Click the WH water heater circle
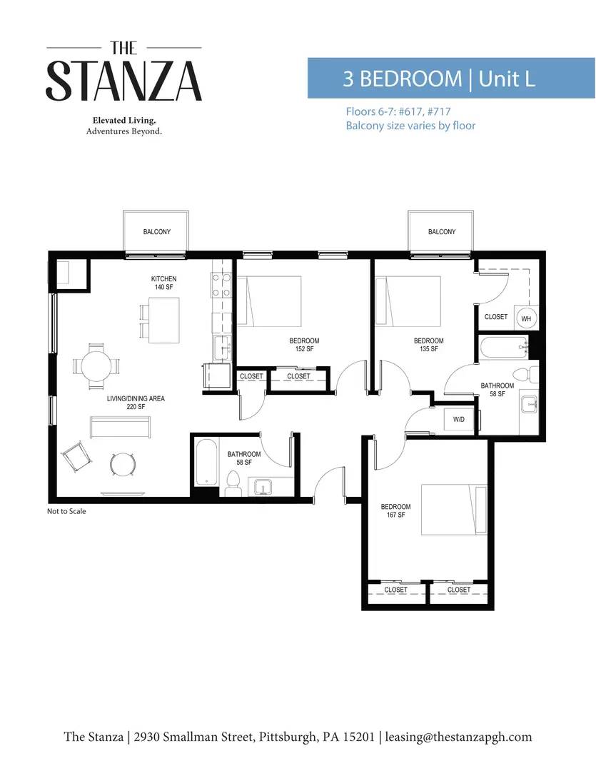click(x=526, y=318)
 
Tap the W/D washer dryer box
click(x=459, y=420)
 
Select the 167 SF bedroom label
click(x=396, y=510)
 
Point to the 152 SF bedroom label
click(x=304, y=345)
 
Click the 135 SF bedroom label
click(x=429, y=345)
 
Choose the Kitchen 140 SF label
click(x=163, y=283)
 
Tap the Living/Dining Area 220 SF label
click(x=136, y=402)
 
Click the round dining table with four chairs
click(x=97, y=366)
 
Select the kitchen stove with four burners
click(x=221, y=286)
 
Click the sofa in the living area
click(x=120, y=427)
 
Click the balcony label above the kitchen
click(x=157, y=231)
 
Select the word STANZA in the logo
click(x=124, y=81)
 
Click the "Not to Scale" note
click(x=66, y=511)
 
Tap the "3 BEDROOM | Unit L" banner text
click(x=439, y=79)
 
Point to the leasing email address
click(x=458, y=737)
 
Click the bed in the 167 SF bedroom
click(x=454, y=510)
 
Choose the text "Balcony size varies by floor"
click(x=410, y=126)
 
